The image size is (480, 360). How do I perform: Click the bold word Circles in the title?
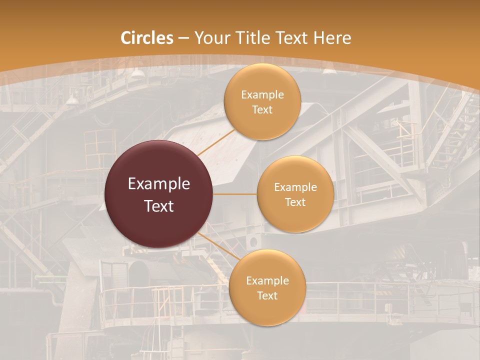tap(147, 38)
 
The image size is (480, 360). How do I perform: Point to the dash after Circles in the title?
tap(183, 38)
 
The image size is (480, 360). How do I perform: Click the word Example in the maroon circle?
tap(159, 184)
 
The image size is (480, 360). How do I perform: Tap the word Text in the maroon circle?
tap(159, 206)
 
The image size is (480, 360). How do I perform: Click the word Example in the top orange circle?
tap(262, 95)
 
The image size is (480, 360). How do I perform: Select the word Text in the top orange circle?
tap(262, 110)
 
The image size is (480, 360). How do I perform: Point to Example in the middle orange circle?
tap(295, 187)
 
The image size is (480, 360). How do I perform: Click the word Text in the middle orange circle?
tap(295, 202)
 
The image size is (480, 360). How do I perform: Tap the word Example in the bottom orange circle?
tap(267, 281)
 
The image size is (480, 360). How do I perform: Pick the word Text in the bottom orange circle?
tap(267, 296)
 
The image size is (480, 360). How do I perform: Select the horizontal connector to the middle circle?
tap(235, 194)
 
